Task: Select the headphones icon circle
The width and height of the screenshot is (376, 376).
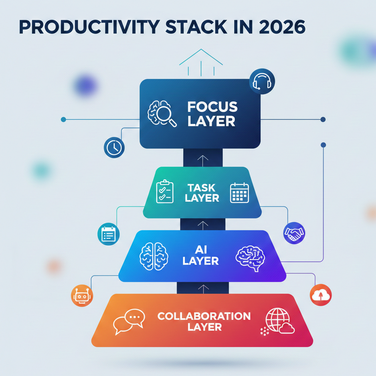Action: click(x=262, y=81)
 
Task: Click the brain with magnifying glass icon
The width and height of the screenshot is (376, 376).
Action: click(x=162, y=113)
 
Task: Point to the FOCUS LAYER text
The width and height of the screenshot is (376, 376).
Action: click(x=212, y=114)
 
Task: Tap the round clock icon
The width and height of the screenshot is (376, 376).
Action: click(x=114, y=147)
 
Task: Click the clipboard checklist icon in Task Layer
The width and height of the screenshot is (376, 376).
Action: click(x=165, y=192)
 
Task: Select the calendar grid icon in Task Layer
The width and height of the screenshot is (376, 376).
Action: click(x=239, y=193)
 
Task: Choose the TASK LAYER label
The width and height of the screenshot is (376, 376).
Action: click(x=202, y=193)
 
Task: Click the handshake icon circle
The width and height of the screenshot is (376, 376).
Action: click(x=294, y=233)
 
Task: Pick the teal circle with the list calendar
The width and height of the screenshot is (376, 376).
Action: click(x=108, y=234)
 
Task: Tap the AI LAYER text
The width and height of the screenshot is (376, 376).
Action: click(x=201, y=255)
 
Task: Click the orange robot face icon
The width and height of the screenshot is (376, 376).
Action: click(x=82, y=296)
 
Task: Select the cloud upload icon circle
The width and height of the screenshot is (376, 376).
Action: click(x=321, y=295)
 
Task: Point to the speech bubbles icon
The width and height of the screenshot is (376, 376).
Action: click(x=129, y=321)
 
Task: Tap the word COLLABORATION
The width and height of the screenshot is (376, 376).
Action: click(x=204, y=316)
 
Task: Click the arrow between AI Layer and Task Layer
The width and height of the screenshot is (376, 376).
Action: click(x=203, y=225)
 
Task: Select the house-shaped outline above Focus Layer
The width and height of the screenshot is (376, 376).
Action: click(x=201, y=63)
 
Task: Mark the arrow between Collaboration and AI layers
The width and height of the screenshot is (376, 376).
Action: click(x=203, y=289)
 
